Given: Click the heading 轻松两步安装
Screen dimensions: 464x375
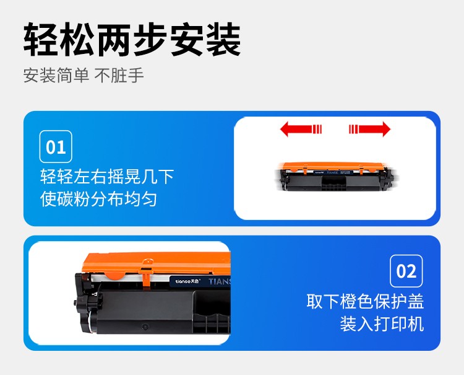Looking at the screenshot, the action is [x=132, y=40].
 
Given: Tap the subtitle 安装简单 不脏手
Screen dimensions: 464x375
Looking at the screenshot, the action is [x=84, y=75].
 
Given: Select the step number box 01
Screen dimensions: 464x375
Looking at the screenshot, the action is [x=56, y=146].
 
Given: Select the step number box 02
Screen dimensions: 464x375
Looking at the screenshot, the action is [x=406, y=271].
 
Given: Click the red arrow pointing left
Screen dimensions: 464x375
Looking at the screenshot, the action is [x=301, y=130].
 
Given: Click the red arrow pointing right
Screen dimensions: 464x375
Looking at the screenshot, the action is [x=369, y=130].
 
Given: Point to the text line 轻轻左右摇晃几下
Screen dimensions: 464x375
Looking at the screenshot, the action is [x=107, y=177].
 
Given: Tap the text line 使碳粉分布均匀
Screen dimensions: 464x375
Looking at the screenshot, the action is [x=98, y=198].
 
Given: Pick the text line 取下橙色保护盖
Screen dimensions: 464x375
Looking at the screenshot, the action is [x=365, y=302].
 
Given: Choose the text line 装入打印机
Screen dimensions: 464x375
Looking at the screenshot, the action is [x=382, y=324].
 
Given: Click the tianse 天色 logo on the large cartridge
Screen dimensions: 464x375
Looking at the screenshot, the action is [x=188, y=281].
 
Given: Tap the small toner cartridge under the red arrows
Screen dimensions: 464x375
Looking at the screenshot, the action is [x=337, y=177].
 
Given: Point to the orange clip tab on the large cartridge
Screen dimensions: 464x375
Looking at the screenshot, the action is [x=147, y=273].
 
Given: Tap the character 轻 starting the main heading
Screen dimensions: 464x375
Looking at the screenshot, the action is [x=41, y=40].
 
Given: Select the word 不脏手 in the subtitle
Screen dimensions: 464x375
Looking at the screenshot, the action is [x=119, y=75].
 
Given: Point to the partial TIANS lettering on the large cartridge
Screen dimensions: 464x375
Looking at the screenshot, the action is [x=219, y=281].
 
